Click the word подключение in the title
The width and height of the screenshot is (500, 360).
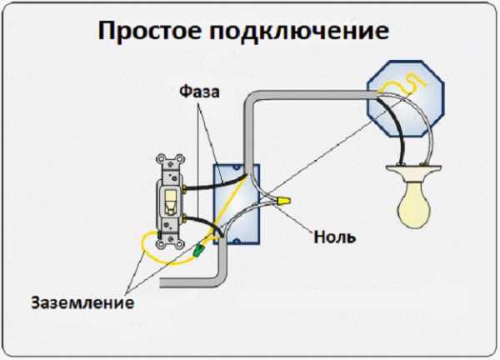299,32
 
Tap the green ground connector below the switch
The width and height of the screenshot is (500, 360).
199,249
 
